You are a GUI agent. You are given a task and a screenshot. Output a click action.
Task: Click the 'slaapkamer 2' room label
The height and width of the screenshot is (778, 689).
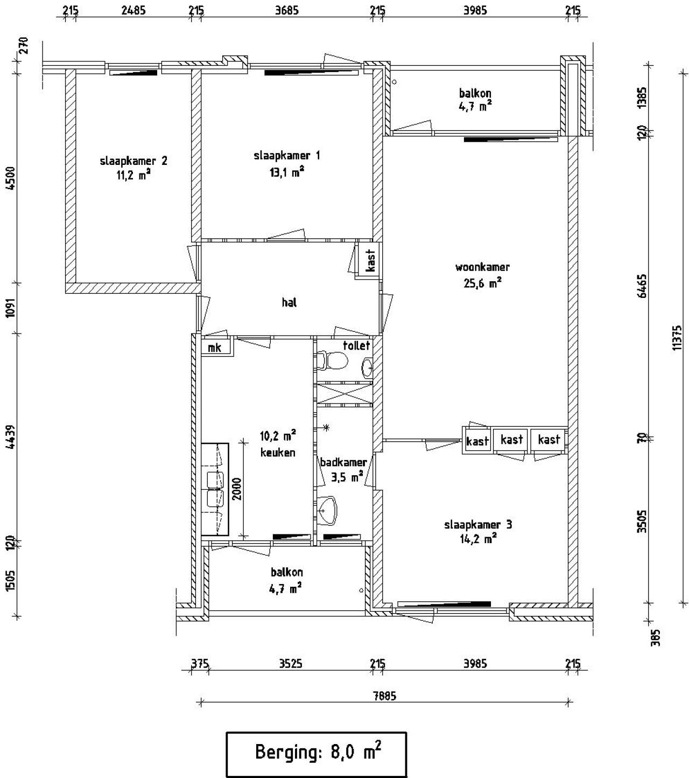pyautogui.click(x=133, y=161)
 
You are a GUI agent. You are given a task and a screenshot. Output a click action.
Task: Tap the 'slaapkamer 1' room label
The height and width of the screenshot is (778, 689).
pyautogui.click(x=286, y=156)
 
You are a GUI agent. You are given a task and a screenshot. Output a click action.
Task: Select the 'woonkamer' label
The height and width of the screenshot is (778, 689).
pyautogui.click(x=482, y=267)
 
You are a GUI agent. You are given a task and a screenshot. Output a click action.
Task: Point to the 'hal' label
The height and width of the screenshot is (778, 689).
pyautogui.click(x=289, y=303)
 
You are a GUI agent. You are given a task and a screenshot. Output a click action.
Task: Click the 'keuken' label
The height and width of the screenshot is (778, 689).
pyautogui.click(x=278, y=453)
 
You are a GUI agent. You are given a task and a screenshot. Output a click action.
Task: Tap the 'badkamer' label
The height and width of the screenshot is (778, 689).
pyautogui.click(x=343, y=462)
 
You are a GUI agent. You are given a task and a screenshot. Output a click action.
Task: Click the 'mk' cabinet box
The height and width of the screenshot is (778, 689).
pyautogui.click(x=215, y=348)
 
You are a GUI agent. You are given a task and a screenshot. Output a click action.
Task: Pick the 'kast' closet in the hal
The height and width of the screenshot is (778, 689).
pyautogui.click(x=370, y=261)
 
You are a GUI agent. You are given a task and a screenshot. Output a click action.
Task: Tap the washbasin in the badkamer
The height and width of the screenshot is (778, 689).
pyautogui.click(x=327, y=510)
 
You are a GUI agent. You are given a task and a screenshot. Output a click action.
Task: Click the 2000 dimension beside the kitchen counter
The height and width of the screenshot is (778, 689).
pyautogui.click(x=237, y=489)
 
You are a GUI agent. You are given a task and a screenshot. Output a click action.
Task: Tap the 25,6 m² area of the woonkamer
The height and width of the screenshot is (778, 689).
pyautogui.click(x=482, y=283)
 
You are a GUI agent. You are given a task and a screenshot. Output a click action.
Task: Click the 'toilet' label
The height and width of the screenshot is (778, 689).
pyautogui.click(x=356, y=345)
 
